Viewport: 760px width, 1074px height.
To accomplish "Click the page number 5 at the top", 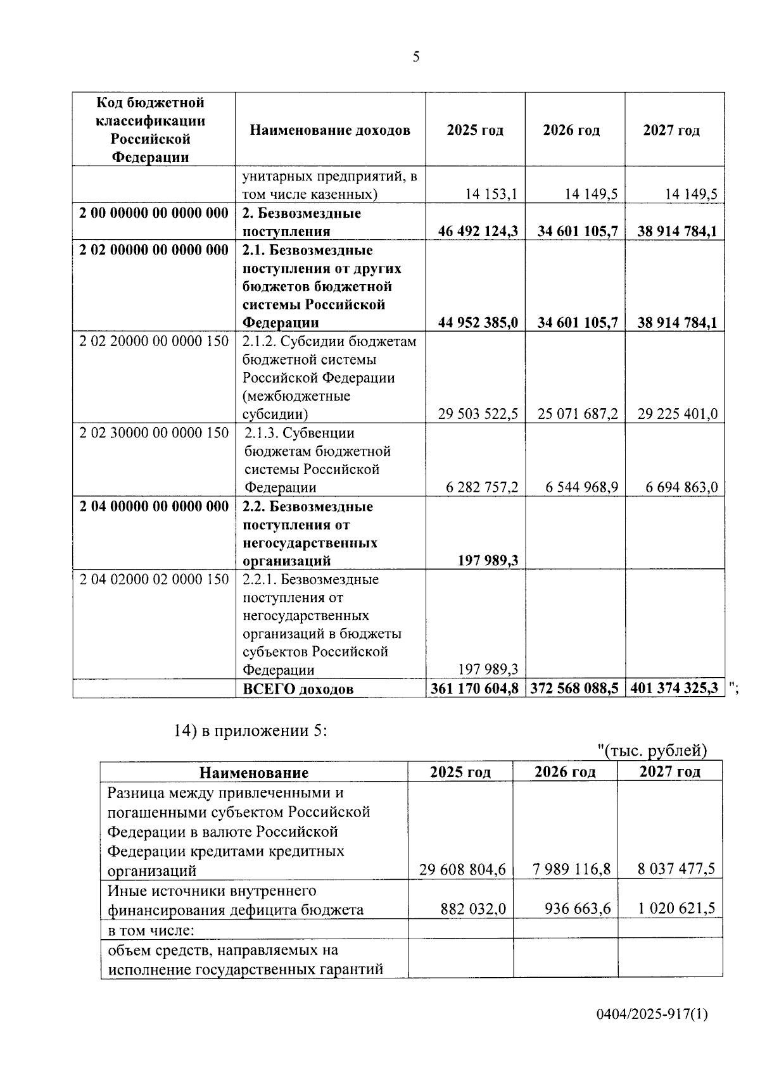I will point(415,57).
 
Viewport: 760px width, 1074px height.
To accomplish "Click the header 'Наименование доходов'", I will point(330,130).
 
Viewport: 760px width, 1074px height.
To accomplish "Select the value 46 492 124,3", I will point(478,232).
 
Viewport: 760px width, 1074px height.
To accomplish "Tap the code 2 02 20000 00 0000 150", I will point(154,342).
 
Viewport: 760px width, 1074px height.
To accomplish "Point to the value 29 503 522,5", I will point(478,415).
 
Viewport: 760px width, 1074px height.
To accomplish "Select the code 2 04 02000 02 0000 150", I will point(154,580).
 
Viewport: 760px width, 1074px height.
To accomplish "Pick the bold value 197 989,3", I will point(487,561).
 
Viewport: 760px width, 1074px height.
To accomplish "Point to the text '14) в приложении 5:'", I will point(250,730).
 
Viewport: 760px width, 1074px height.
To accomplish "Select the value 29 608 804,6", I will point(462,870).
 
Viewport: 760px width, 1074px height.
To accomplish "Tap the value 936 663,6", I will point(578,909).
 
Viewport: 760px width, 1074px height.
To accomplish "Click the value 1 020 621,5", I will point(676,909).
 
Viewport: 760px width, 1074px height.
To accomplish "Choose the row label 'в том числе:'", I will point(151,930).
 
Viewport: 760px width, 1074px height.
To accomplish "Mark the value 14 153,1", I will point(491,194).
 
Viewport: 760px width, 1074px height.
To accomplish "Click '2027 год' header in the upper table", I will point(671,130).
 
